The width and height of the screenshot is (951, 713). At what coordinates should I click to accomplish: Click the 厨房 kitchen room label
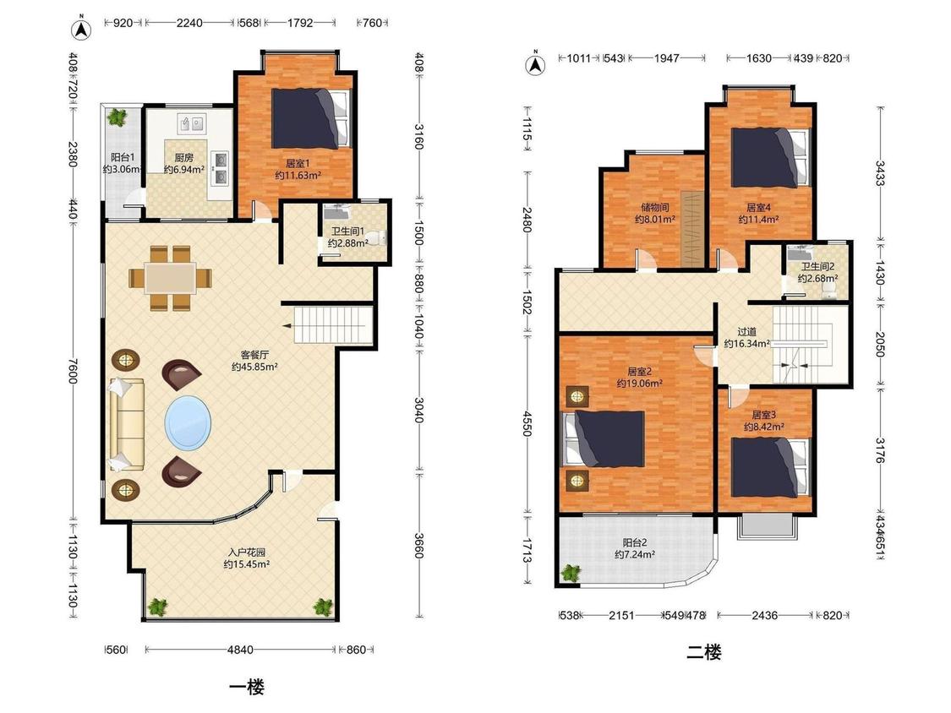tap(183, 158)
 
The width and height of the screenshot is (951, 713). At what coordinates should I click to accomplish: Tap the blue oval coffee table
tap(189, 422)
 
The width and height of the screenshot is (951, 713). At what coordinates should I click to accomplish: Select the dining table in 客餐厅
tap(171, 278)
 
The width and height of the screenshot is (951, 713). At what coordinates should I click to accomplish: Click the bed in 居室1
tap(311, 118)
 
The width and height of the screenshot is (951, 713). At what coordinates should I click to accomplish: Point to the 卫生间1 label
tap(347, 231)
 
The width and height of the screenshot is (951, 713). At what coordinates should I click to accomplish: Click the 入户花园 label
tap(247, 552)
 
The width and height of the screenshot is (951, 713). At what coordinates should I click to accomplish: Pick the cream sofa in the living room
tap(126, 424)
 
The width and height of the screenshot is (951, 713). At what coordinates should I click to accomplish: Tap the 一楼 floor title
tap(247, 687)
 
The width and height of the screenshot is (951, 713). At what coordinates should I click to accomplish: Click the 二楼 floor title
tap(704, 652)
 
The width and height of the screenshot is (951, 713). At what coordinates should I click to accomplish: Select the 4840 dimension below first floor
tap(240, 650)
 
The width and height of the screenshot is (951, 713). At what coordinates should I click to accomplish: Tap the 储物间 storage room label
tap(655, 207)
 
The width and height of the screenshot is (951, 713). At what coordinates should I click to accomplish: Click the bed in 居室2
tap(604, 439)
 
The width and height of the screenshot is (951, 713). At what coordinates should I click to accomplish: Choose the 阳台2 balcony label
tap(635, 542)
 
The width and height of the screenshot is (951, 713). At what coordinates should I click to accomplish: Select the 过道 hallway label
tap(746, 332)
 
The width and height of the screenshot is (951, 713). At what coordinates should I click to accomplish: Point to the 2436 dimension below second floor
tap(764, 615)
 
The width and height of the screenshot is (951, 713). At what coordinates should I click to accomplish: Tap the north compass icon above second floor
tap(535, 63)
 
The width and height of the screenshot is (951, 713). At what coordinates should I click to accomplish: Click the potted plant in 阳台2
tap(571, 573)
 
